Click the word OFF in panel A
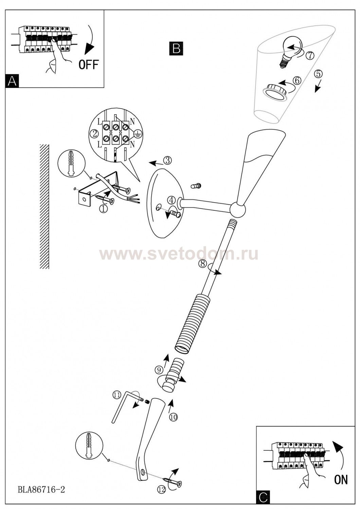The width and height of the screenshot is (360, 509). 89,64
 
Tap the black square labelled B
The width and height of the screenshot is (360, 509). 176,49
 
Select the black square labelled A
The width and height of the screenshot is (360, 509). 12,81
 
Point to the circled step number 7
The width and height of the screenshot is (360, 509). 309,55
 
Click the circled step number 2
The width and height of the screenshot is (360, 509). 94,134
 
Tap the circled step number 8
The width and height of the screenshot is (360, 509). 202,264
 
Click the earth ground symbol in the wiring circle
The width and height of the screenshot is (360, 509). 138,134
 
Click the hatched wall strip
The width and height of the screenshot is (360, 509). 44,206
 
